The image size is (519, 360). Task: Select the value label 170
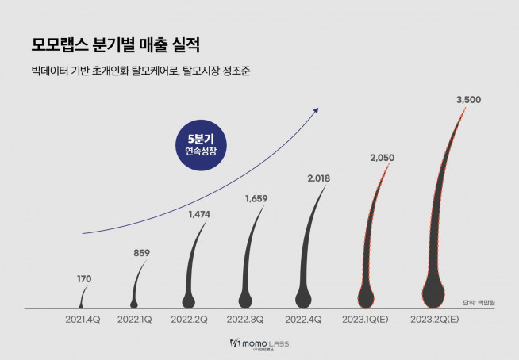click(x=83, y=278)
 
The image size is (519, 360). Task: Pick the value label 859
click(x=140, y=253)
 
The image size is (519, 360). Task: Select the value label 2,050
click(x=381, y=159)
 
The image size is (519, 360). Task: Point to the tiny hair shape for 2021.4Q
click(x=81, y=303)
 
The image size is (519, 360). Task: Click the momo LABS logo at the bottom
click(x=259, y=343)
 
